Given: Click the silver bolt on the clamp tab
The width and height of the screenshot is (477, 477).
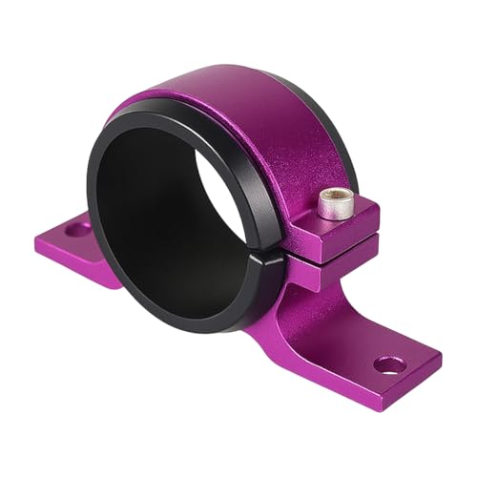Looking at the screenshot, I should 329,204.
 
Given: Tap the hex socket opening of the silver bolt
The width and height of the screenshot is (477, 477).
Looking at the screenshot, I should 329,197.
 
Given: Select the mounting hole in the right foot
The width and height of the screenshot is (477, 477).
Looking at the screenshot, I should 385,363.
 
